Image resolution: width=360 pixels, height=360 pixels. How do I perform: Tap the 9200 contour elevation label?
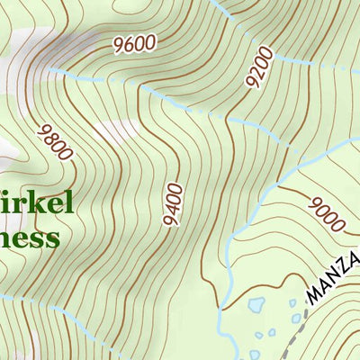(258, 67)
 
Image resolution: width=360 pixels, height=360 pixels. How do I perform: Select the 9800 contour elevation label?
(55, 141)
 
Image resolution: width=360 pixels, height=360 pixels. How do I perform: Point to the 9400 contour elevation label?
(174, 204)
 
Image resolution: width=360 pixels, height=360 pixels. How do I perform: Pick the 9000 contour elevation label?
(326, 211)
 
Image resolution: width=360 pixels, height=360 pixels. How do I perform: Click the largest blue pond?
(255, 305)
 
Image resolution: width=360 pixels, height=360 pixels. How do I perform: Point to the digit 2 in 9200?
(256, 73)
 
